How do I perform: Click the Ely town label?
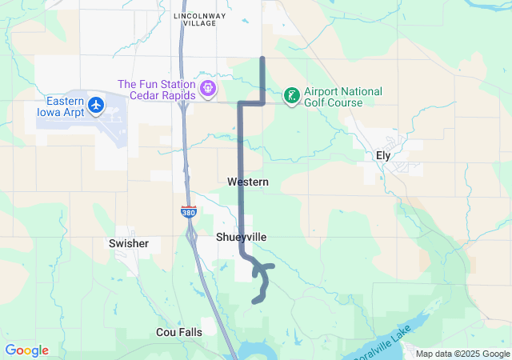tap(383, 156)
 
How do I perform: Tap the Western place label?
tap(247, 182)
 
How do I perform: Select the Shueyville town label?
tap(241, 238)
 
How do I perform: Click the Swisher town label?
tap(129, 242)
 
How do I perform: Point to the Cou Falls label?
tap(178, 331)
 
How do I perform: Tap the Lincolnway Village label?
tap(194, 19)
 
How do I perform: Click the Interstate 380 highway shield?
tap(186, 213)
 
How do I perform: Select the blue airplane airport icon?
tap(97, 104)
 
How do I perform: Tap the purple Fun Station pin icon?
tap(209, 88)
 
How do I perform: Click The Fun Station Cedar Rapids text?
tap(156, 90)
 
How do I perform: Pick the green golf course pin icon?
tap(292, 97)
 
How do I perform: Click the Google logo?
tap(26, 350)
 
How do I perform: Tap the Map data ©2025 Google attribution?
tap(462, 354)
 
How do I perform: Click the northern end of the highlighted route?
tap(263, 58)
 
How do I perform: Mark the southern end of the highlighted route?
tap(254, 302)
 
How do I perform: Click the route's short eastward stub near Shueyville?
tap(270, 266)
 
